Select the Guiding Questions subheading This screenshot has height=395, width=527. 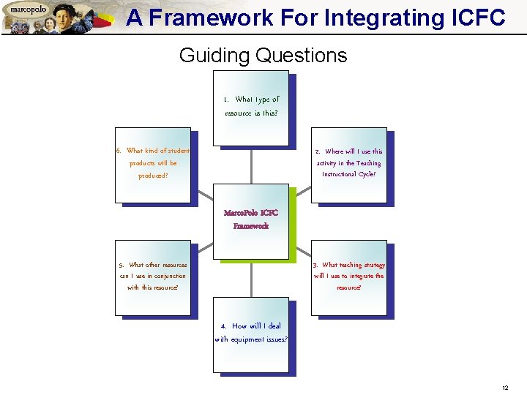click(263, 56)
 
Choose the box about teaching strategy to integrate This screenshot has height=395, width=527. click(348, 278)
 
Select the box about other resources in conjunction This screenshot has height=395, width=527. click(153, 278)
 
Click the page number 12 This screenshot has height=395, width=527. click(505, 387)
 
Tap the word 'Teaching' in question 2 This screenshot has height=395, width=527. click(368, 163)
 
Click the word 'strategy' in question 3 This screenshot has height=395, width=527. click(372, 265)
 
